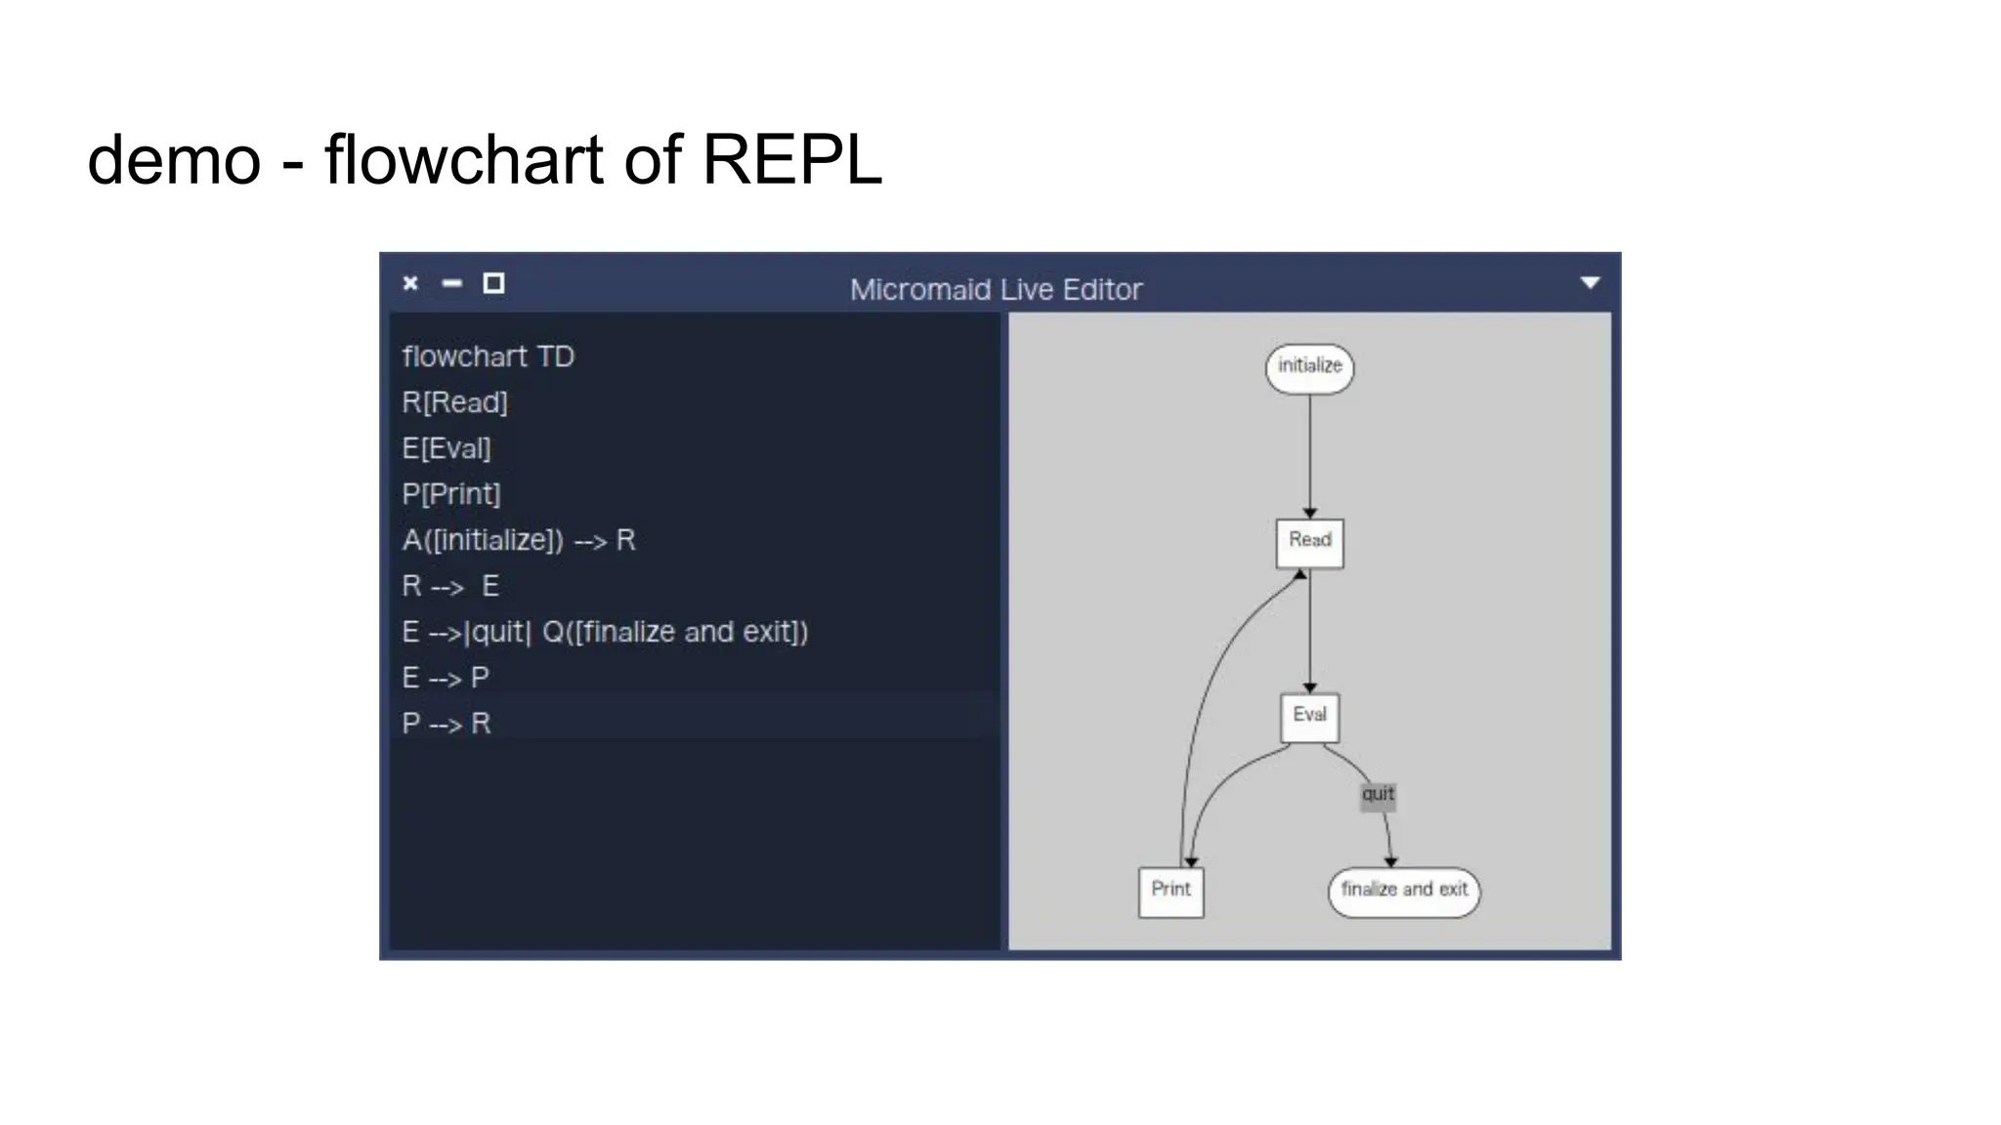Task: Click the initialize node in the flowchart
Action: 1309,368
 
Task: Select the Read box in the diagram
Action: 1309,543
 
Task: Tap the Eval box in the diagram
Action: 1309,718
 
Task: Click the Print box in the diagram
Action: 1171,892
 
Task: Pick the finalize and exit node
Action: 1404,892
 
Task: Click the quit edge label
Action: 1378,795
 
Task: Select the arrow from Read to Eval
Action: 1310,630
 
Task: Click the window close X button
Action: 410,283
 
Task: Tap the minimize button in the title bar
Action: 451,283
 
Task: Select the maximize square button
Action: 493,283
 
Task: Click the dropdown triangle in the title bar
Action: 1590,283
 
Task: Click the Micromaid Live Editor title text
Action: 996,289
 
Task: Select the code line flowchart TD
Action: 488,356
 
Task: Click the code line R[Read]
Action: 454,402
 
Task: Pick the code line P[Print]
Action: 450,494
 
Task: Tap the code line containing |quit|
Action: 605,632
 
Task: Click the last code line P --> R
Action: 447,724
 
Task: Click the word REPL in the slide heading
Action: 791,159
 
